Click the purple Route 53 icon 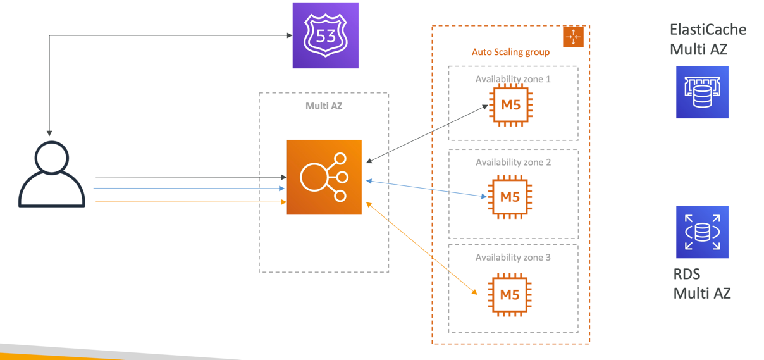(325, 35)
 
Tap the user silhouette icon (52, 174)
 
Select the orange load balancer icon (324, 177)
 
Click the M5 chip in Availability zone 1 (510, 105)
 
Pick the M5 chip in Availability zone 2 (510, 197)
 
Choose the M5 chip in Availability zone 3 (510, 294)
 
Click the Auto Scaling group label (510, 52)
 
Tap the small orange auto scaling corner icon (573, 37)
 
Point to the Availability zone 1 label (513, 79)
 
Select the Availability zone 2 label (513, 162)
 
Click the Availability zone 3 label (513, 258)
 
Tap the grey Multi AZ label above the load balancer (324, 106)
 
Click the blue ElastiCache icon (702, 92)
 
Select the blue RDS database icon (702, 232)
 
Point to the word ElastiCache (708, 30)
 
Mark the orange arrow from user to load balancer (190, 202)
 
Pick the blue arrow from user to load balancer (190, 189)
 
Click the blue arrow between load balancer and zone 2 (427, 189)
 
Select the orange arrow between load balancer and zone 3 (421, 249)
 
